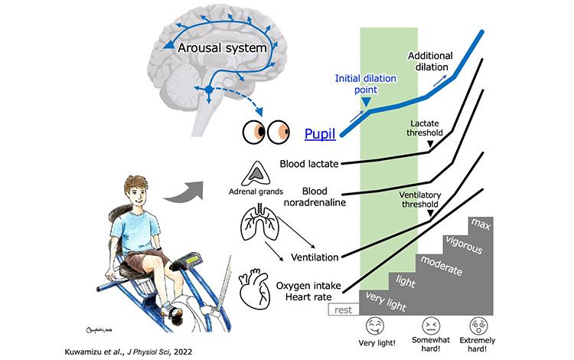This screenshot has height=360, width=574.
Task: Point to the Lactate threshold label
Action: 429,129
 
